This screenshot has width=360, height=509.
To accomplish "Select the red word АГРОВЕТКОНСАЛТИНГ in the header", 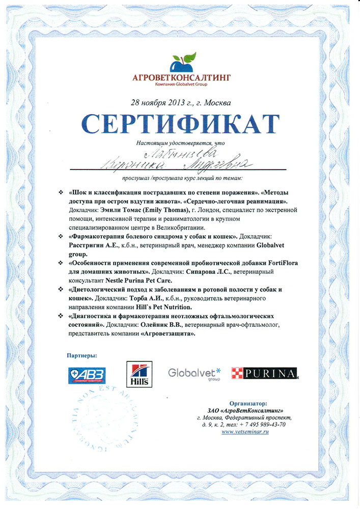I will (x=181, y=77).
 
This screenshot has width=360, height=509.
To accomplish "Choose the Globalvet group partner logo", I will (x=194, y=373).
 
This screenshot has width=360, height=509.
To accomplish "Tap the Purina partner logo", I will (x=264, y=374).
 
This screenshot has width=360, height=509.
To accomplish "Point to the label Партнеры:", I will (x=81, y=354).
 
